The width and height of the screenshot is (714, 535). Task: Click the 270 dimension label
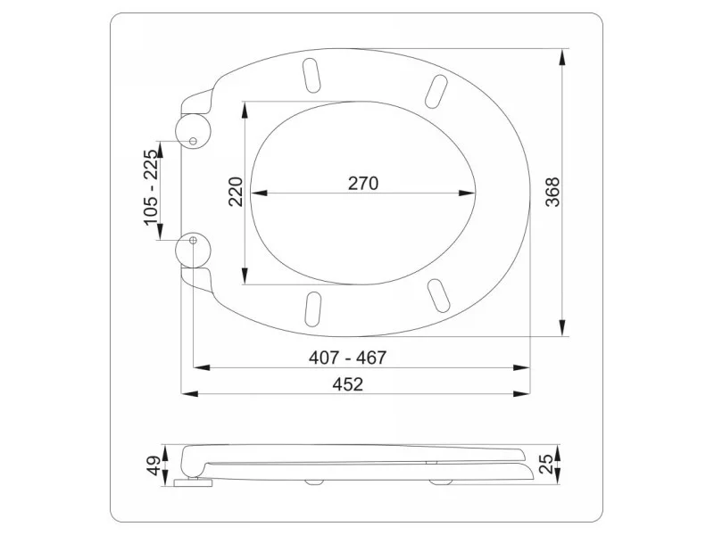(363, 184)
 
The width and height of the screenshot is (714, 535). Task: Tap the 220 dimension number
(236, 192)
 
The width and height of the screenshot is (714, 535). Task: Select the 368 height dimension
(552, 192)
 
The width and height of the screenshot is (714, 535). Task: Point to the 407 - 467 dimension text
(347, 358)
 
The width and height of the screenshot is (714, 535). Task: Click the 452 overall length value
(348, 384)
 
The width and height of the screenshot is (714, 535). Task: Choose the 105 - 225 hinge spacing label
(152, 187)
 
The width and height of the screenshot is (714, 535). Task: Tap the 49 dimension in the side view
(154, 465)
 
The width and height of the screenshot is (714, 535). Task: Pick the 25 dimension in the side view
(546, 464)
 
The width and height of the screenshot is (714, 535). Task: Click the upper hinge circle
(193, 130)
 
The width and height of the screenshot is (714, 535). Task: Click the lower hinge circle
(193, 251)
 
